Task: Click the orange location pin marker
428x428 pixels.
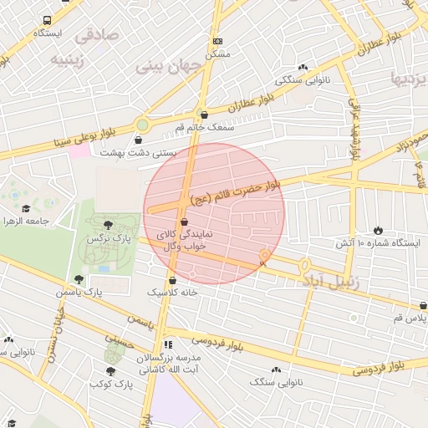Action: click(x=265, y=257)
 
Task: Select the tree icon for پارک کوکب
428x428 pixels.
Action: click(x=110, y=371)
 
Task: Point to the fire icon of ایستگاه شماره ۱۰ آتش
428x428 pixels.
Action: click(x=378, y=230)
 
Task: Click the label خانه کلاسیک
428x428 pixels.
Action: click(x=172, y=293)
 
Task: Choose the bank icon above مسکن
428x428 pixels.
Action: click(x=217, y=41)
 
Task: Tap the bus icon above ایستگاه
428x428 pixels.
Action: click(x=45, y=19)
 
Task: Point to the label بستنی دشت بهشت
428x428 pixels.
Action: click(x=137, y=152)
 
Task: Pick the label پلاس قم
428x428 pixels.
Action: click(x=410, y=318)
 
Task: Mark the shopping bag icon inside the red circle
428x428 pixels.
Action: click(x=184, y=222)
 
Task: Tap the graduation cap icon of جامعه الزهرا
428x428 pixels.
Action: click(x=26, y=208)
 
